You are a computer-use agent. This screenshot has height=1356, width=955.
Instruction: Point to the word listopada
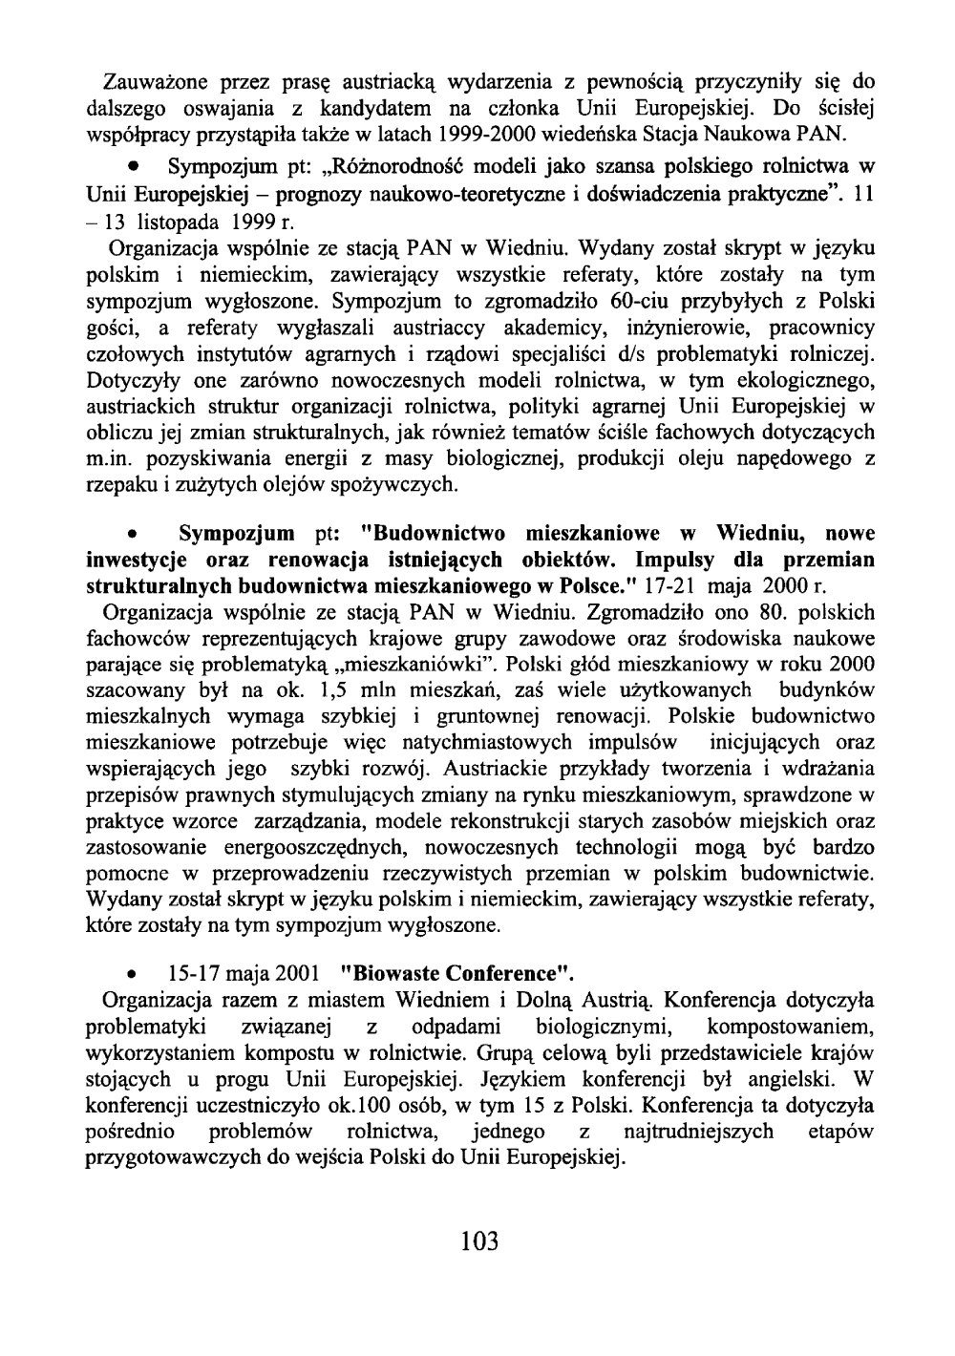(182, 219)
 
